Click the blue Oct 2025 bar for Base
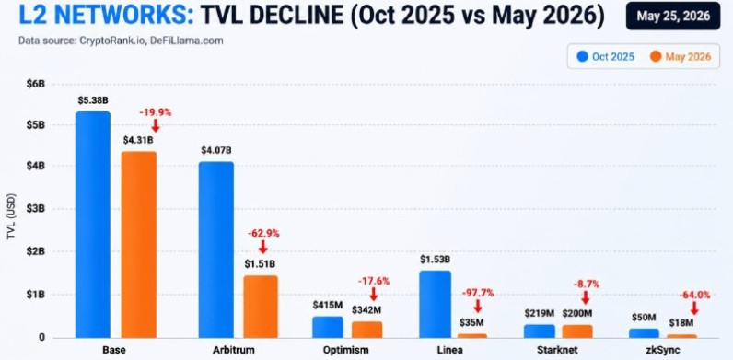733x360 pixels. pyautogui.click(x=93, y=225)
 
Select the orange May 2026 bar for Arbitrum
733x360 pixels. pyautogui.click(x=261, y=307)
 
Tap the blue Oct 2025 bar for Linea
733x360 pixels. pyautogui.click(x=435, y=304)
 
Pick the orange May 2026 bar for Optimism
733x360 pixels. pyautogui.click(x=367, y=329)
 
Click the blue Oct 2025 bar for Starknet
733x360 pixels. pyautogui.click(x=539, y=331)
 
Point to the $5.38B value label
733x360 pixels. pyautogui.click(x=93, y=99)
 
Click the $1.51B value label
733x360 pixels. pyautogui.click(x=260, y=263)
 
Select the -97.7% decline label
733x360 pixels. pyautogui.click(x=478, y=293)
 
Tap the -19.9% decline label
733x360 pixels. pyautogui.click(x=156, y=112)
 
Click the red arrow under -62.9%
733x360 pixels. pyautogui.click(x=262, y=247)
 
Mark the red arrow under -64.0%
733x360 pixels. pyautogui.click(x=694, y=308)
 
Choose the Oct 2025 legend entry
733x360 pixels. pyautogui.click(x=605, y=56)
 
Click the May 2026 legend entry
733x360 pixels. pyautogui.click(x=681, y=56)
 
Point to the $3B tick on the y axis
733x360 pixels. pyautogui.click(x=36, y=208)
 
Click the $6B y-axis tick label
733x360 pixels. pyautogui.click(x=36, y=85)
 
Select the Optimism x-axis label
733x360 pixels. pyautogui.click(x=346, y=350)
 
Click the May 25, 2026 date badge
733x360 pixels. pyautogui.click(x=673, y=16)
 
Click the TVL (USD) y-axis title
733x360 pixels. pyautogui.click(x=12, y=217)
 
